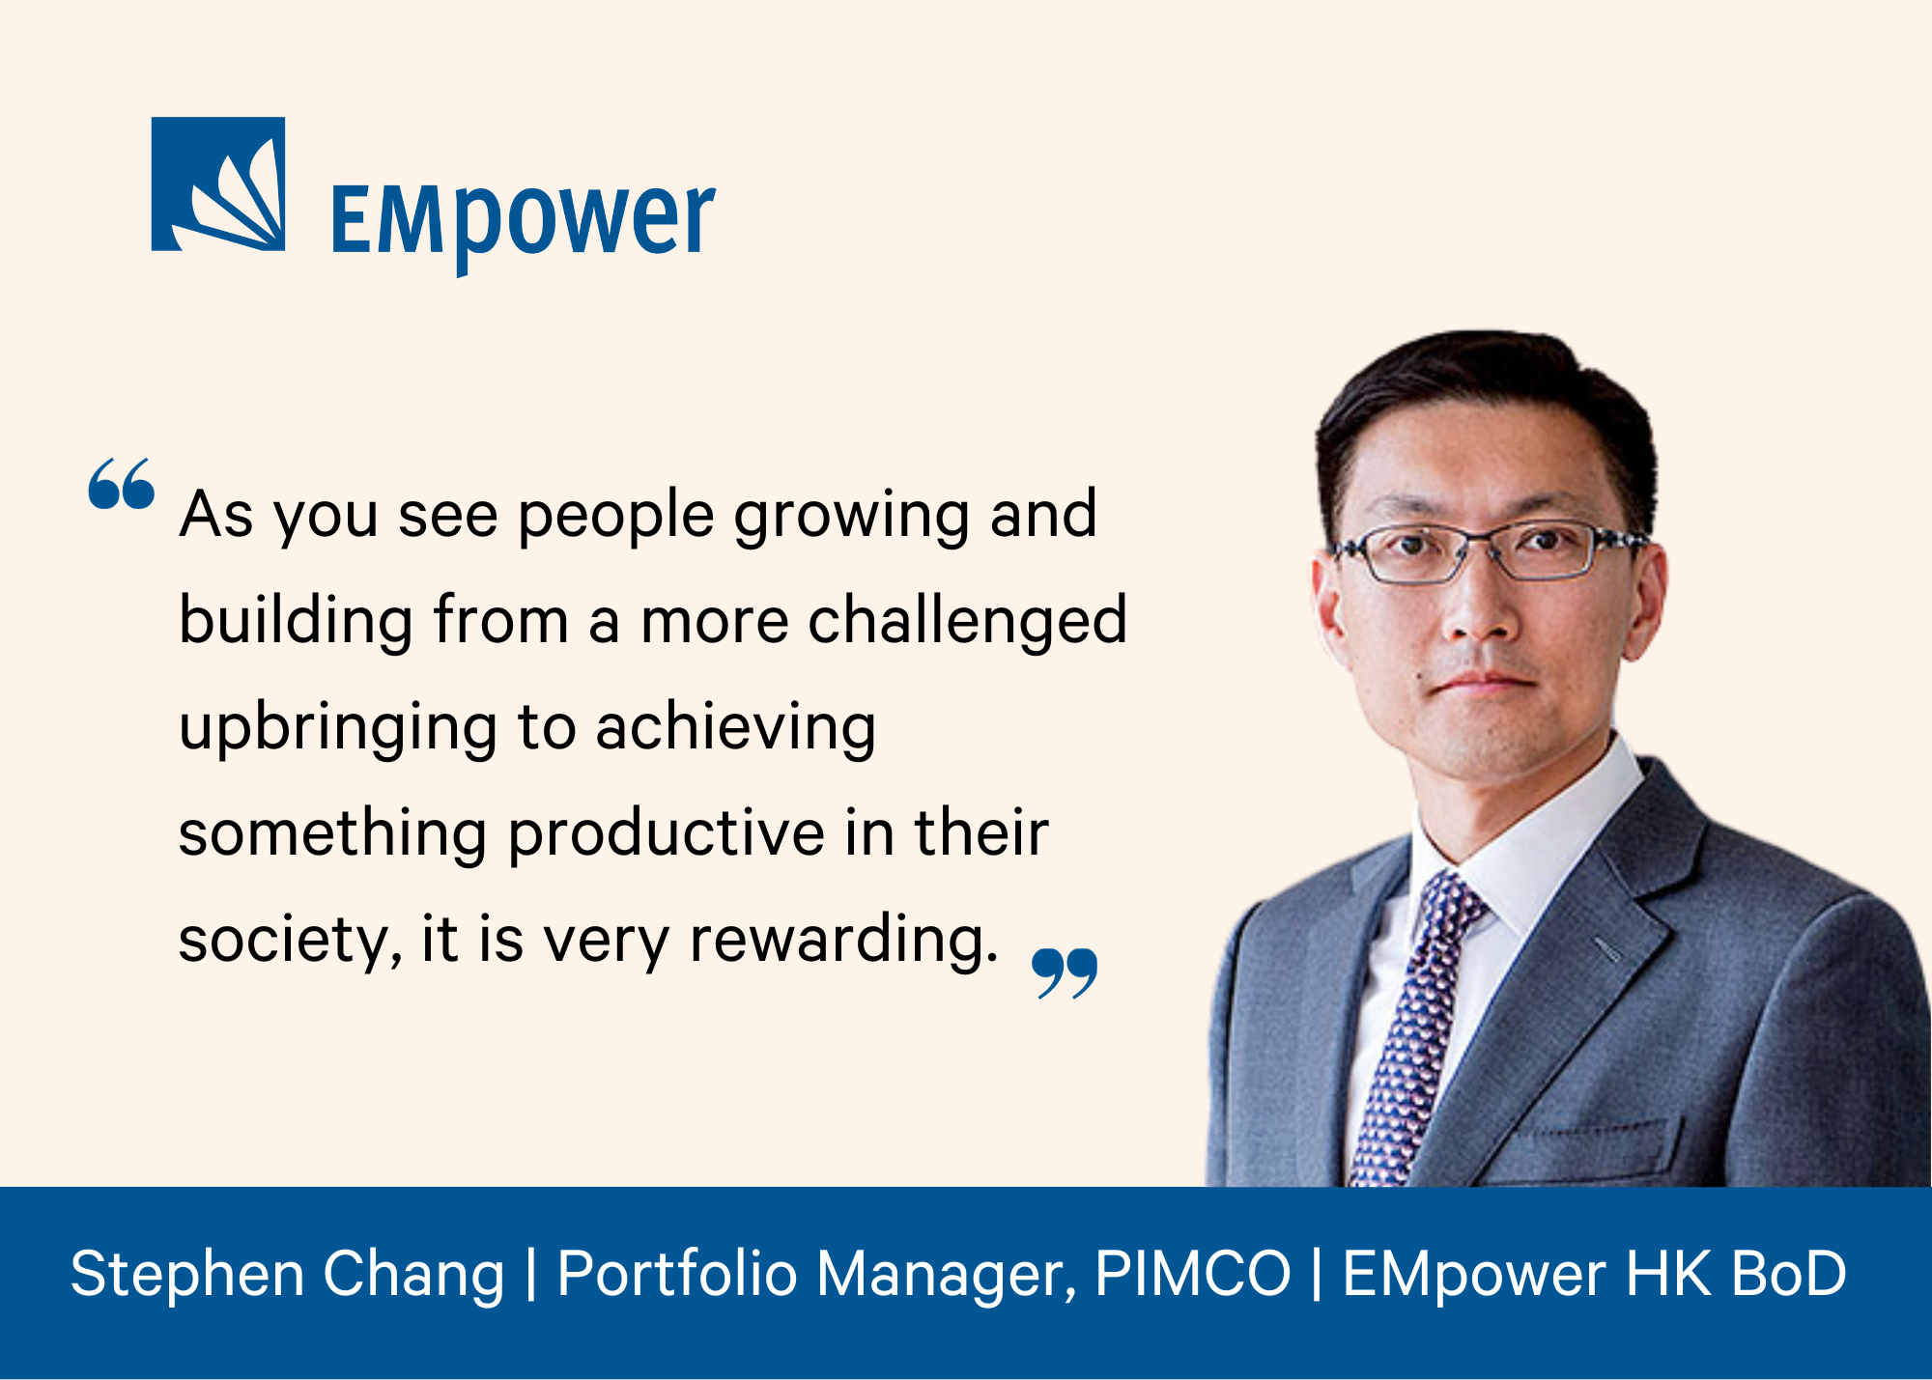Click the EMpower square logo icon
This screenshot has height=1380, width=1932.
218,184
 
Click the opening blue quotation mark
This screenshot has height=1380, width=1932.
122,483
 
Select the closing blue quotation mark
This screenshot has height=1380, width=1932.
1065,972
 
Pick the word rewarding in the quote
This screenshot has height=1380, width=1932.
843,939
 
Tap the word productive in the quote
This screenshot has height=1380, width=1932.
667,832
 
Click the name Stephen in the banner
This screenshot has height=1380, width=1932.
187,1274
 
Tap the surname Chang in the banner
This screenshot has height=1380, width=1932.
413,1274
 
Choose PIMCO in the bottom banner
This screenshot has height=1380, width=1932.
1193,1272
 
